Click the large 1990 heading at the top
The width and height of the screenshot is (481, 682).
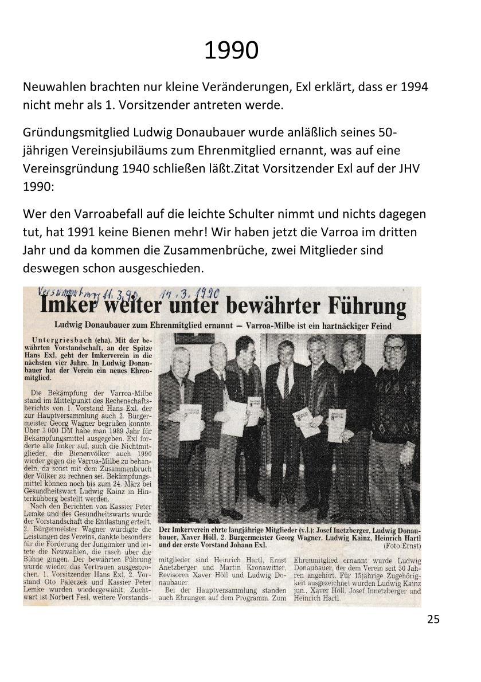click(231, 50)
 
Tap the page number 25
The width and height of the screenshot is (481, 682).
click(433, 619)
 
